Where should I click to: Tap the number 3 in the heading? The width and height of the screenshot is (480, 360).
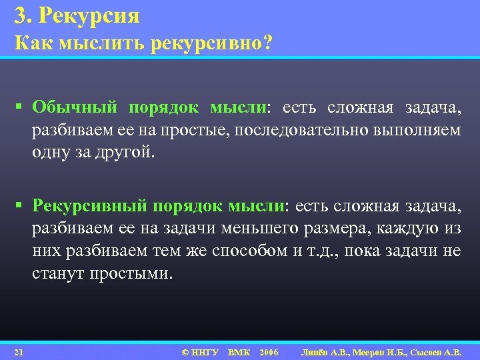(19, 14)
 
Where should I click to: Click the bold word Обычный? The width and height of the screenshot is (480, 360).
(75, 108)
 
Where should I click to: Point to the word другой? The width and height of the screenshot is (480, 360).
(125, 151)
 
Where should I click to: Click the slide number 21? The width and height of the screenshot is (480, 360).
(19, 351)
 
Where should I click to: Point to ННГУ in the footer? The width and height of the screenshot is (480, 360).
(205, 351)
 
